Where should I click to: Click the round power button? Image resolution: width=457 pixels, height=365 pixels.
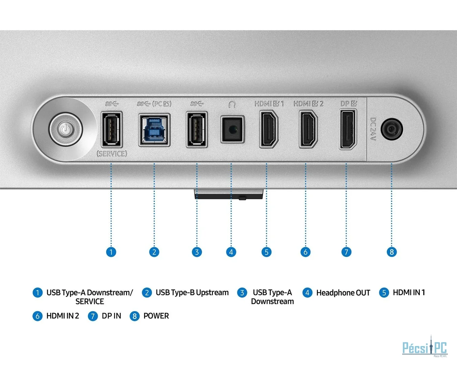65,129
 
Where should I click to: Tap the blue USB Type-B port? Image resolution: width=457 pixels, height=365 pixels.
154,130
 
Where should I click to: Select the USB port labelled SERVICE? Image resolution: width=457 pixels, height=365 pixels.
112,130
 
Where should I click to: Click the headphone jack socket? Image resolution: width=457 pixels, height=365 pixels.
232,129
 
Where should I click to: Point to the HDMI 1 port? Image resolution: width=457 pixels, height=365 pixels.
268,129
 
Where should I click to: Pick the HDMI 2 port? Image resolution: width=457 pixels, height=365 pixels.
308,129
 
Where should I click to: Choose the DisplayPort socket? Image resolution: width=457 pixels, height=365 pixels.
348,129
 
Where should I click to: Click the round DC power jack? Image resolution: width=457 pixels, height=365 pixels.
392,129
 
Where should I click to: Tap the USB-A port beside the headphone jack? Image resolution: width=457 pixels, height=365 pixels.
197,130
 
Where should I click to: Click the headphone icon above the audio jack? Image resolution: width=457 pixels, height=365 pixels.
232,104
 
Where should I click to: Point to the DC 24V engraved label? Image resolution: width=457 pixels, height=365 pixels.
373,129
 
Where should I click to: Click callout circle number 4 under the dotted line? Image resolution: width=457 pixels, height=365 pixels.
231,252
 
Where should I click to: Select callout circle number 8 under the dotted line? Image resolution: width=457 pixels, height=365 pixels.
392,252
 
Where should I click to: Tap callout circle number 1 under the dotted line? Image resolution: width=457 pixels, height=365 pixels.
111,252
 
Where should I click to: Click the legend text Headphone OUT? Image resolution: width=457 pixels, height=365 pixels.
343,293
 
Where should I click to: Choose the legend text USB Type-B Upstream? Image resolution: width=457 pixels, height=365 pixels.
192,293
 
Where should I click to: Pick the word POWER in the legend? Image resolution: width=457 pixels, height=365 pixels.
156,316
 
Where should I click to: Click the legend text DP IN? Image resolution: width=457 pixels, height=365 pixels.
111,316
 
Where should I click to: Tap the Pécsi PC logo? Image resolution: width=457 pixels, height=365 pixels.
425,347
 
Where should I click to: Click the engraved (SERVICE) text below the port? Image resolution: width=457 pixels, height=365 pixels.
112,154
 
